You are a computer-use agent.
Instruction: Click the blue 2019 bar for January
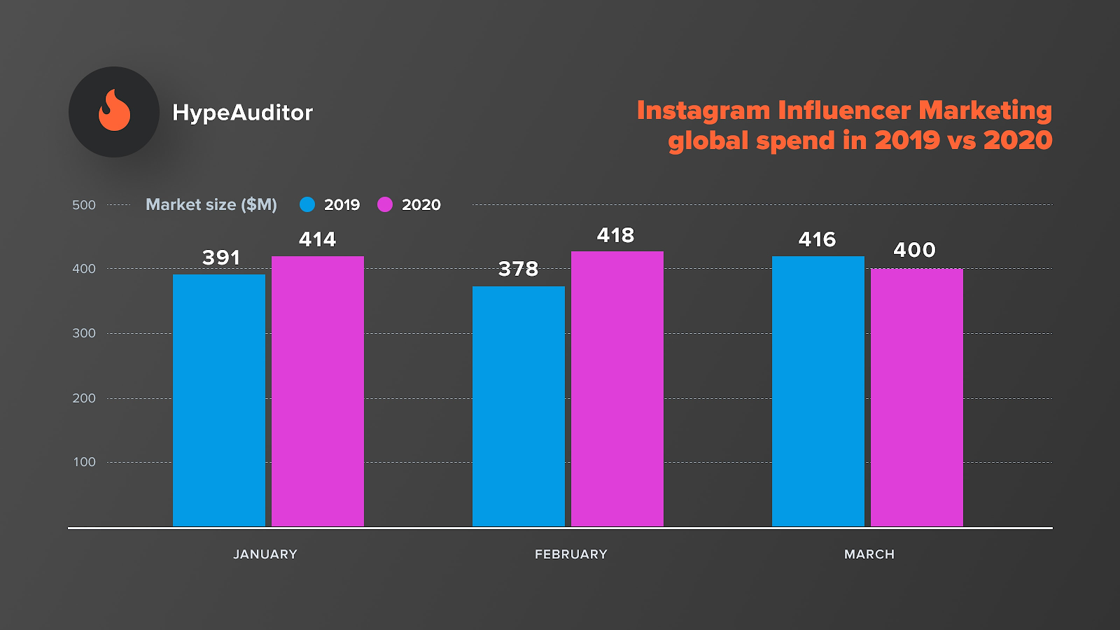tap(219, 400)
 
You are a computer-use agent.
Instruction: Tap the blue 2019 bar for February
tap(519, 406)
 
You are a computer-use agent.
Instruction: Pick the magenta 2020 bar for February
tap(617, 388)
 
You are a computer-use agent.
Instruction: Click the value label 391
tap(221, 258)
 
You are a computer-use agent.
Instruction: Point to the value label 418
tap(615, 235)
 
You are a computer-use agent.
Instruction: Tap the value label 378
tap(518, 269)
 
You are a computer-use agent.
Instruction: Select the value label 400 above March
tap(914, 250)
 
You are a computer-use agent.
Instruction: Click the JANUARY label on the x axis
tap(265, 554)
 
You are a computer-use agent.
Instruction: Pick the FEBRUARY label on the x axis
tap(571, 554)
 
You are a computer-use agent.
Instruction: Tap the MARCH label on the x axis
tap(869, 554)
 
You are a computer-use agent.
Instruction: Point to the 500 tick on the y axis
tap(84, 205)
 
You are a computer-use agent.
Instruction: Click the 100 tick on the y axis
tap(85, 462)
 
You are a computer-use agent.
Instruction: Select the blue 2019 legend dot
tap(307, 204)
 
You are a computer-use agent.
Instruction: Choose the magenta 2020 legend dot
tap(385, 204)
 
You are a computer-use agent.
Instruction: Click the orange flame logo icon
tap(114, 111)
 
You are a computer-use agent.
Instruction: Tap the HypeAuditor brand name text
tap(242, 113)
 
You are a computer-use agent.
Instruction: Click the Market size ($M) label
tap(211, 204)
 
